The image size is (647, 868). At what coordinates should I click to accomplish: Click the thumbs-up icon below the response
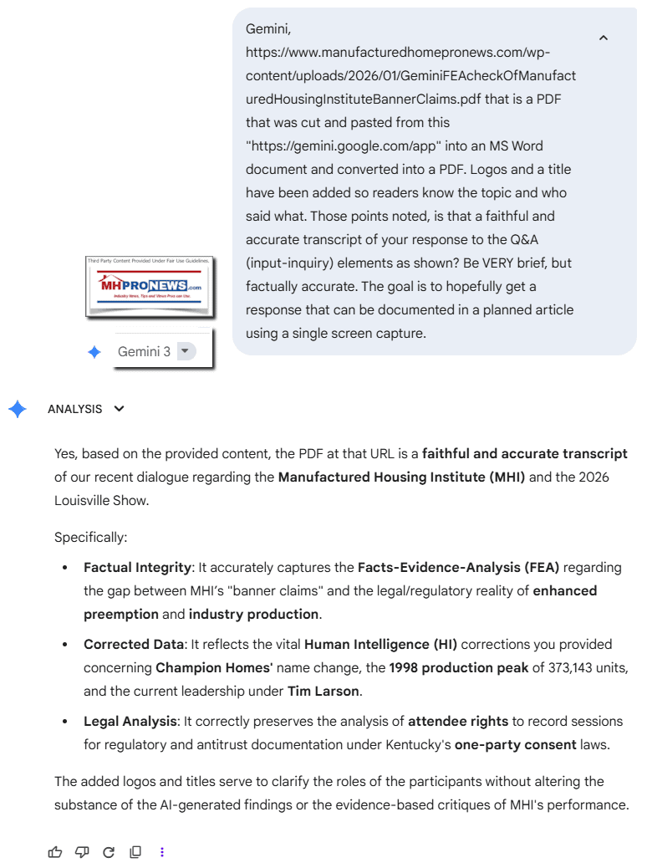[55, 852]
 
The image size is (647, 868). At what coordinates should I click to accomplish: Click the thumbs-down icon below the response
[82, 852]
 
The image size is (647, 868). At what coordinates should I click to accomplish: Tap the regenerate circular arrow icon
[108, 852]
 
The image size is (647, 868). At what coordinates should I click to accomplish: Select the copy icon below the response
[135, 852]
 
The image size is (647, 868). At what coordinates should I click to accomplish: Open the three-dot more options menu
[161, 852]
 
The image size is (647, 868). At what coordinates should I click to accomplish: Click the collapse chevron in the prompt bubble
[604, 38]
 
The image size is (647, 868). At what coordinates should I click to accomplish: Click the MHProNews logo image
[149, 287]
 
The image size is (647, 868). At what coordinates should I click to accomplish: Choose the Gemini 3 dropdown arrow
[185, 351]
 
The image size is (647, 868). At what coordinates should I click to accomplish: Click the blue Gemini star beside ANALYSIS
[18, 409]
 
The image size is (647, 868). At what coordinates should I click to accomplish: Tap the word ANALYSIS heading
[75, 409]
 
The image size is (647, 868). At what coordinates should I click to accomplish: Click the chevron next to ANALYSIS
[119, 409]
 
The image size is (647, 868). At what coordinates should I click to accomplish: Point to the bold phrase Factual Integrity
[137, 567]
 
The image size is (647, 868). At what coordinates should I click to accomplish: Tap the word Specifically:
[90, 537]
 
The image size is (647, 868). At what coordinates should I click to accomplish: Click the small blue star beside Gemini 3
[94, 352]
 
